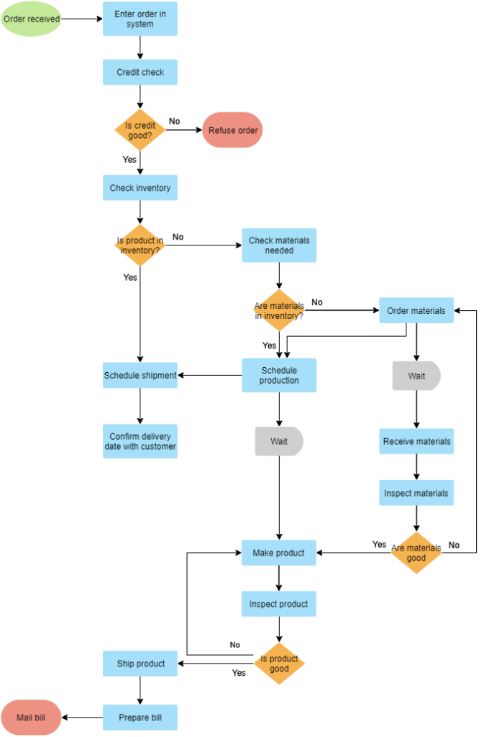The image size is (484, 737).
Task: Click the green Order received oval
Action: (x=31, y=19)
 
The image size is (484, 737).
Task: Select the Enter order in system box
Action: (x=140, y=19)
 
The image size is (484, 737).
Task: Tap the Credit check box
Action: (x=140, y=72)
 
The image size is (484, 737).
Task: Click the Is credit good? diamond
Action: (x=140, y=130)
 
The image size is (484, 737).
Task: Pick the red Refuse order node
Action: (x=232, y=130)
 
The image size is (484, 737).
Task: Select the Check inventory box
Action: (x=140, y=188)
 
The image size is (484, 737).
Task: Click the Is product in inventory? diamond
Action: (x=140, y=245)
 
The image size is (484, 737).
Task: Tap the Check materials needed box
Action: (x=279, y=245)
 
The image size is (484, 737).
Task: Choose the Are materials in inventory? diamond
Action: (x=279, y=311)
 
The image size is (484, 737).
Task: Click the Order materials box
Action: (x=416, y=311)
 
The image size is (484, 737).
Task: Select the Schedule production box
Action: (x=279, y=375)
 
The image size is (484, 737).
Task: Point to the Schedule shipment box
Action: (x=140, y=375)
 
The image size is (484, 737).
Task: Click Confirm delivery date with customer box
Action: (x=140, y=441)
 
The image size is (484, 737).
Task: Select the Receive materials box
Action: (x=416, y=441)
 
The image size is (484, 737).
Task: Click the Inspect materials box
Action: (x=416, y=493)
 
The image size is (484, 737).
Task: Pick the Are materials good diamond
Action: (x=416, y=553)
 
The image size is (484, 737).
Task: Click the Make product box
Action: (x=279, y=553)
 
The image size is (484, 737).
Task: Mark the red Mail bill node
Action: (x=31, y=718)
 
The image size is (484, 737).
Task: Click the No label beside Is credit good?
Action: (x=174, y=121)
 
